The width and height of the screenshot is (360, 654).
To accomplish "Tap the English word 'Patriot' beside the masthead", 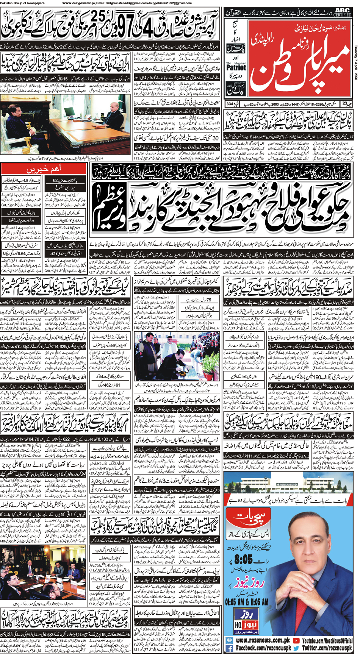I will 236,67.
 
